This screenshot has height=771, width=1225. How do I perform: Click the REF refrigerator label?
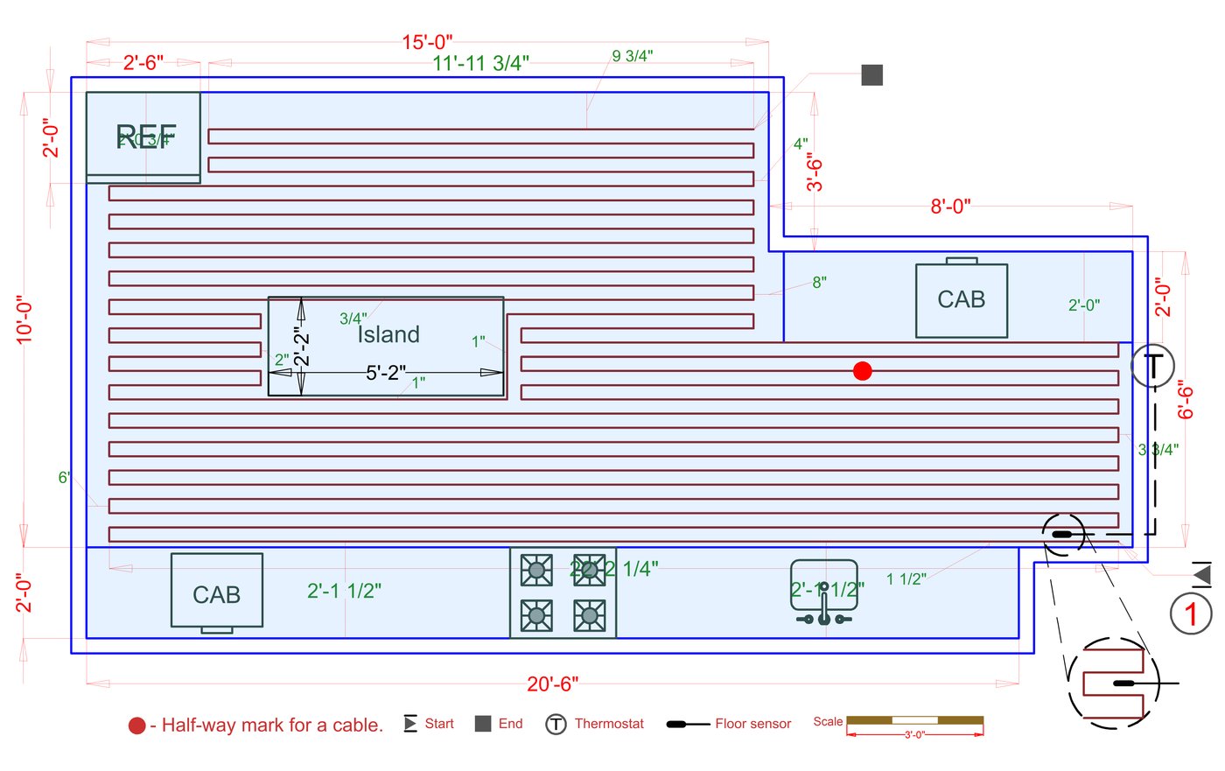coord(146,136)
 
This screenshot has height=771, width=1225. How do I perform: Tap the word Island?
coord(388,334)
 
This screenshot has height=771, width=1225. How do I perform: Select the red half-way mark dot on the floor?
coord(863,371)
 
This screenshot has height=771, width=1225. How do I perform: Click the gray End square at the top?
coord(871,75)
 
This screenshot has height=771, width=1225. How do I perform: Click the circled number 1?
coord(1191,613)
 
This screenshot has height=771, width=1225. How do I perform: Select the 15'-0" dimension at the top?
coord(427,42)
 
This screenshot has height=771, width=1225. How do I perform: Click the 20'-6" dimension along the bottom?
coord(552,683)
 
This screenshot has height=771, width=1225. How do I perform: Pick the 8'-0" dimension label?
coord(950,207)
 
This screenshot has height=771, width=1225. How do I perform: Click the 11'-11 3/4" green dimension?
coord(480,63)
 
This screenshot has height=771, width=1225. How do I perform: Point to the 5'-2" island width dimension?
coord(385,373)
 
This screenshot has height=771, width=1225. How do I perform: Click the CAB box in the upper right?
coord(962,300)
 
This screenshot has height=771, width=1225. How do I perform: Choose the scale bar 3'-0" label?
coord(914,734)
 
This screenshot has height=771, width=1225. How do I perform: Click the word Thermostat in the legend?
coord(609,724)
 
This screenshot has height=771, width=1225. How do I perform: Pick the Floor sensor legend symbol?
coord(688,725)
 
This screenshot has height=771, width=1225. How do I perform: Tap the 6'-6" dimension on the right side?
coord(1186,399)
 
